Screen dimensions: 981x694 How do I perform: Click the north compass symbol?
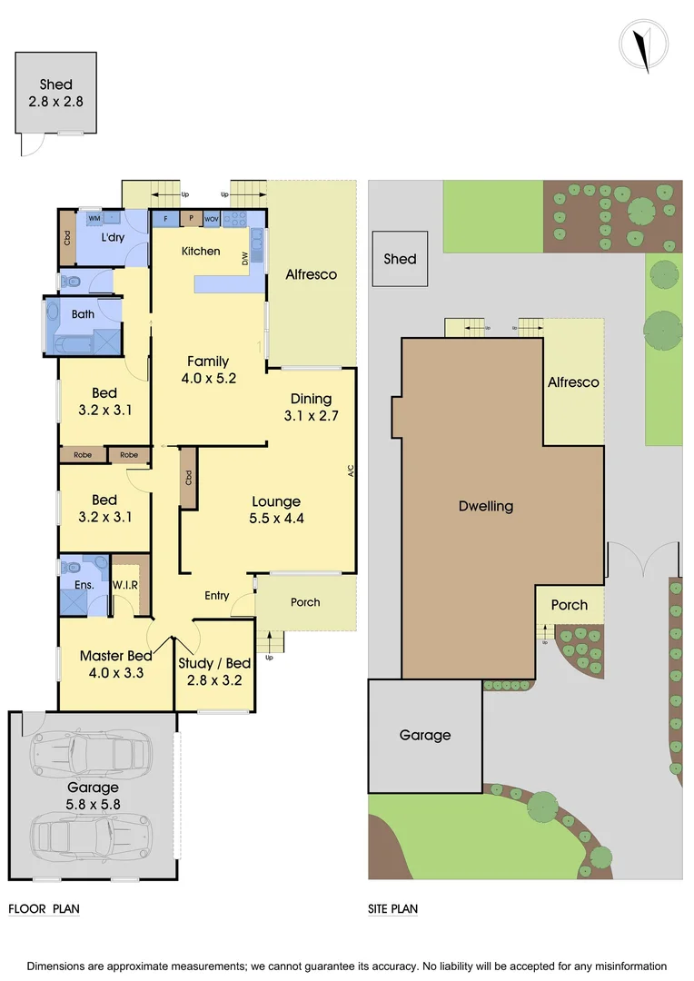[x=643, y=45]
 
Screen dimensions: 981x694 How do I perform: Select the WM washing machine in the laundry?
[x=94, y=219]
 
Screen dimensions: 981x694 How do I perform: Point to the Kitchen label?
[x=201, y=251]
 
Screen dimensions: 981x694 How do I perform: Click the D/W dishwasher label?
[x=245, y=259]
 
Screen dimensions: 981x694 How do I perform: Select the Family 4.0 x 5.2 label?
[x=208, y=369]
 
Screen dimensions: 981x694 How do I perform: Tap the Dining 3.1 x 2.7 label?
[x=311, y=407]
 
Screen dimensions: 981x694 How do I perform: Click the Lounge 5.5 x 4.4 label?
[x=276, y=510]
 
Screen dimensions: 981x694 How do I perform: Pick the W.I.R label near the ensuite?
[x=124, y=585]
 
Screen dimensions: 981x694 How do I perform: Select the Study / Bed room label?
[x=214, y=671]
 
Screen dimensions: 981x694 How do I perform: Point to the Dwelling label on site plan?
[x=486, y=506]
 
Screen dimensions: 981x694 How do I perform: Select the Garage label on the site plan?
[x=424, y=735]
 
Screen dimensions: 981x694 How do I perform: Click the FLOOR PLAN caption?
[x=44, y=908]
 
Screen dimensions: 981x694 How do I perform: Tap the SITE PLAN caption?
[x=392, y=908]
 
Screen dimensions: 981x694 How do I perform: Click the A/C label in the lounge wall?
[x=350, y=471]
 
